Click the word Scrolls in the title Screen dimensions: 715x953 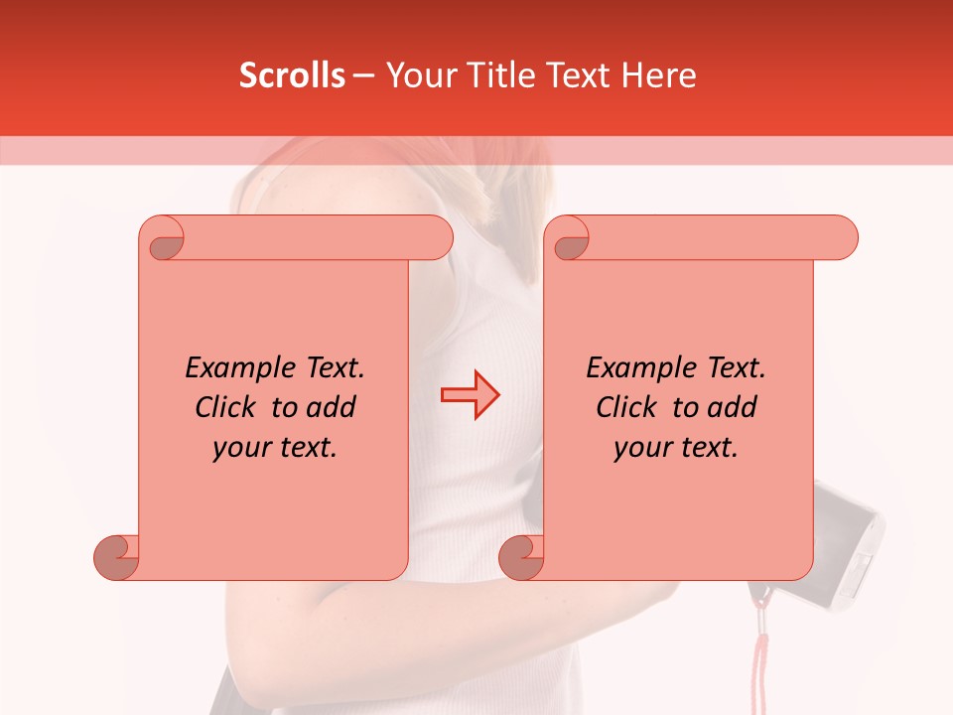[x=293, y=75]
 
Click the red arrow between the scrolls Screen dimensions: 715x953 [x=471, y=395]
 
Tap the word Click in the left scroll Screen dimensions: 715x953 [x=228, y=407]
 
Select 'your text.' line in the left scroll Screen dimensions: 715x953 [x=275, y=448]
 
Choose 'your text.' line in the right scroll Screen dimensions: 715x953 [x=676, y=448]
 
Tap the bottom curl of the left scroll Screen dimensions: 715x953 [x=115, y=558]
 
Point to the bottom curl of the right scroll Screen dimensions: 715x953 [x=520, y=558]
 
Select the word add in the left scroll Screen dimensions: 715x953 [x=333, y=407]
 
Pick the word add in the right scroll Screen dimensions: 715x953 [x=734, y=407]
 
